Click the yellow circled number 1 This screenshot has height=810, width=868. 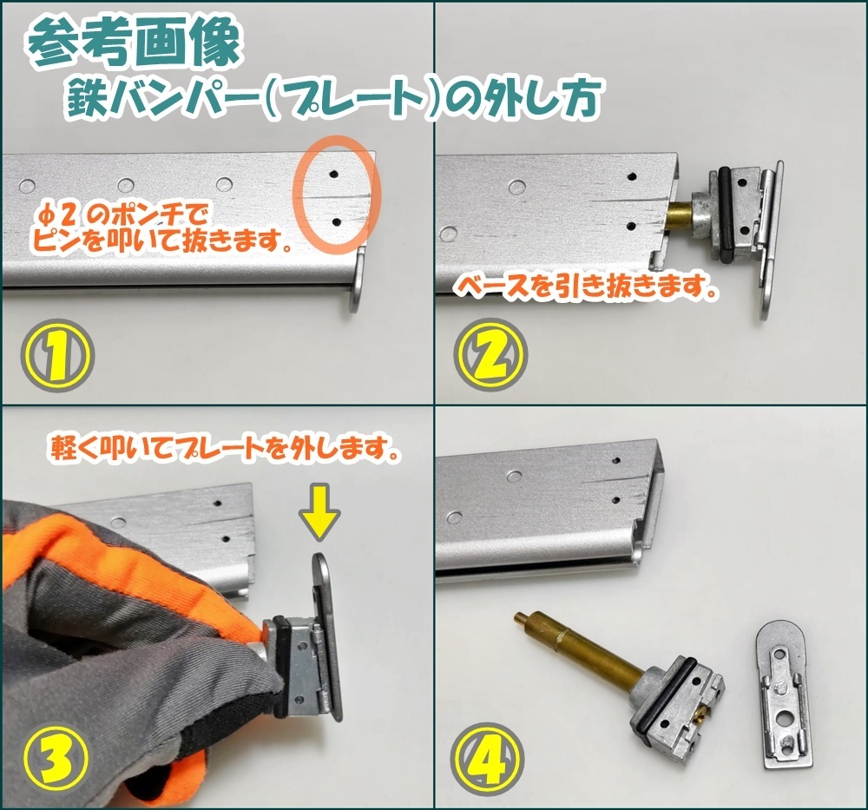(57, 355)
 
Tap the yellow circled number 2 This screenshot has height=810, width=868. (490, 355)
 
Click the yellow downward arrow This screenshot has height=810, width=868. (320, 513)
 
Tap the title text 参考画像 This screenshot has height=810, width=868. (135, 44)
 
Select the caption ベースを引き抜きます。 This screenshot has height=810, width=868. (586, 286)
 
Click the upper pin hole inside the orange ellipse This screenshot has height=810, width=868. (333, 174)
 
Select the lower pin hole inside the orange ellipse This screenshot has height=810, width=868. (335, 222)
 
